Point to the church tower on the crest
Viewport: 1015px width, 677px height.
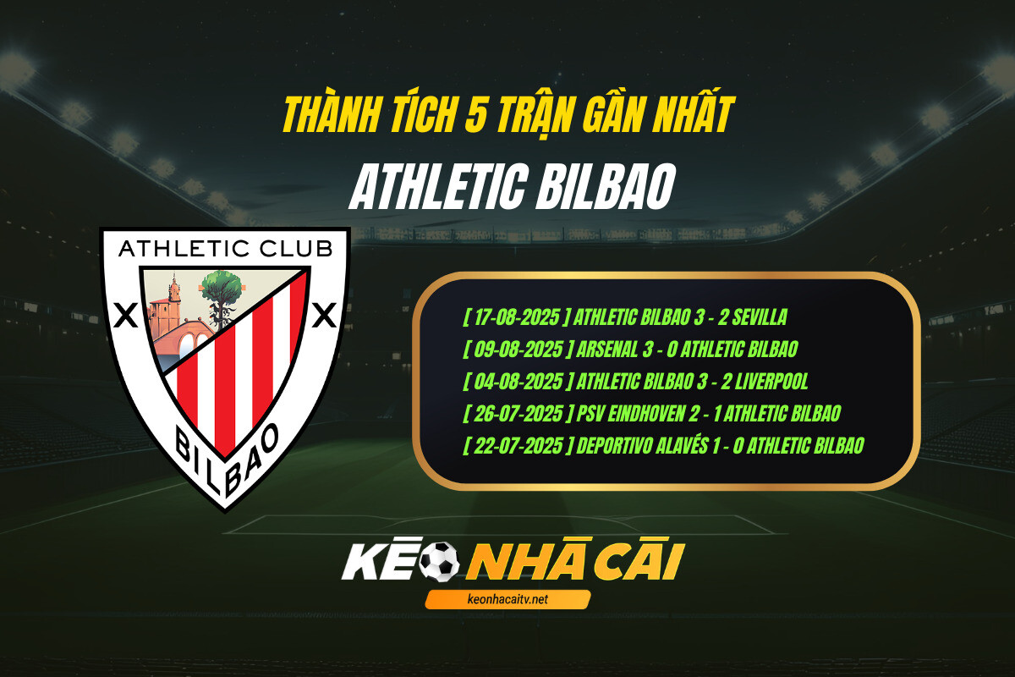click(x=173, y=292)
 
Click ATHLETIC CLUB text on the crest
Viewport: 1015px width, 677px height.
click(x=225, y=249)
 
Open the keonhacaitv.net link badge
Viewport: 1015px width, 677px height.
click(x=507, y=599)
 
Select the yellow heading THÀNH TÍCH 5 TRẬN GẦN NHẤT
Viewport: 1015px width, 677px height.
click(x=507, y=115)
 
